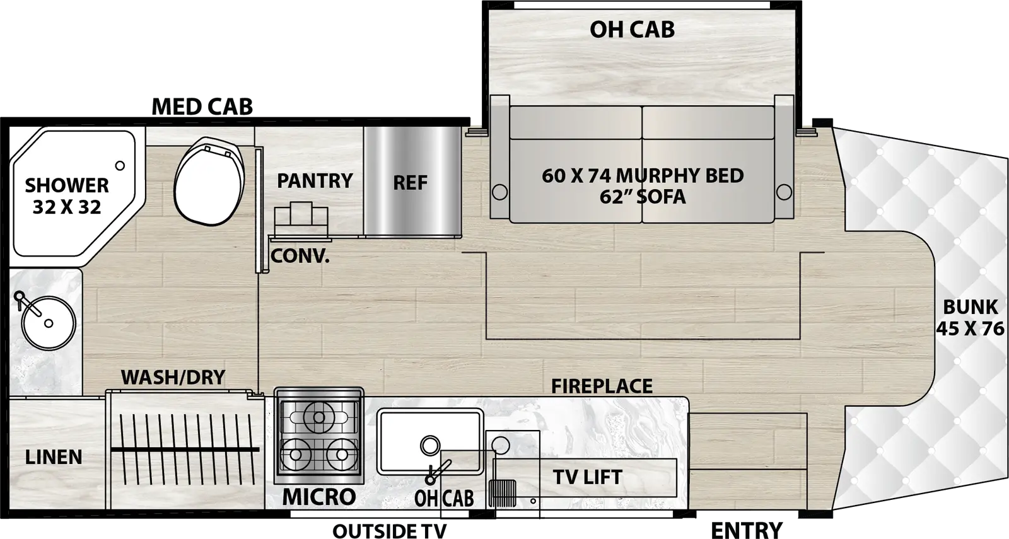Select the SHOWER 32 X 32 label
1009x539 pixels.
tap(67, 195)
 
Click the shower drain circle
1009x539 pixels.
tap(120, 166)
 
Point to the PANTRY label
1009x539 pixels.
tap(315, 181)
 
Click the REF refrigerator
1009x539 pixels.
tap(411, 182)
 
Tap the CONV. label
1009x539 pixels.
tap(300, 257)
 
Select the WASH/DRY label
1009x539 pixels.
tap(173, 377)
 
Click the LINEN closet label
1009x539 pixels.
tap(54, 457)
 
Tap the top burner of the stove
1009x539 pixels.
tap(318, 417)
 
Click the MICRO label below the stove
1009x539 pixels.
tap(318, 497)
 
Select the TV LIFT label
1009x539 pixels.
tap(587, 477)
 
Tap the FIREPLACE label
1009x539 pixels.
tap(602, 386)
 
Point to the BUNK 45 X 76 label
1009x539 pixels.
tap(970, 318)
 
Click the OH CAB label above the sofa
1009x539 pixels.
tap(632, 30)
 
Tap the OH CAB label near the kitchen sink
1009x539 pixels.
tap(444, 498)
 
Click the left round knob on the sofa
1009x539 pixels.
tap(499, 191)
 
